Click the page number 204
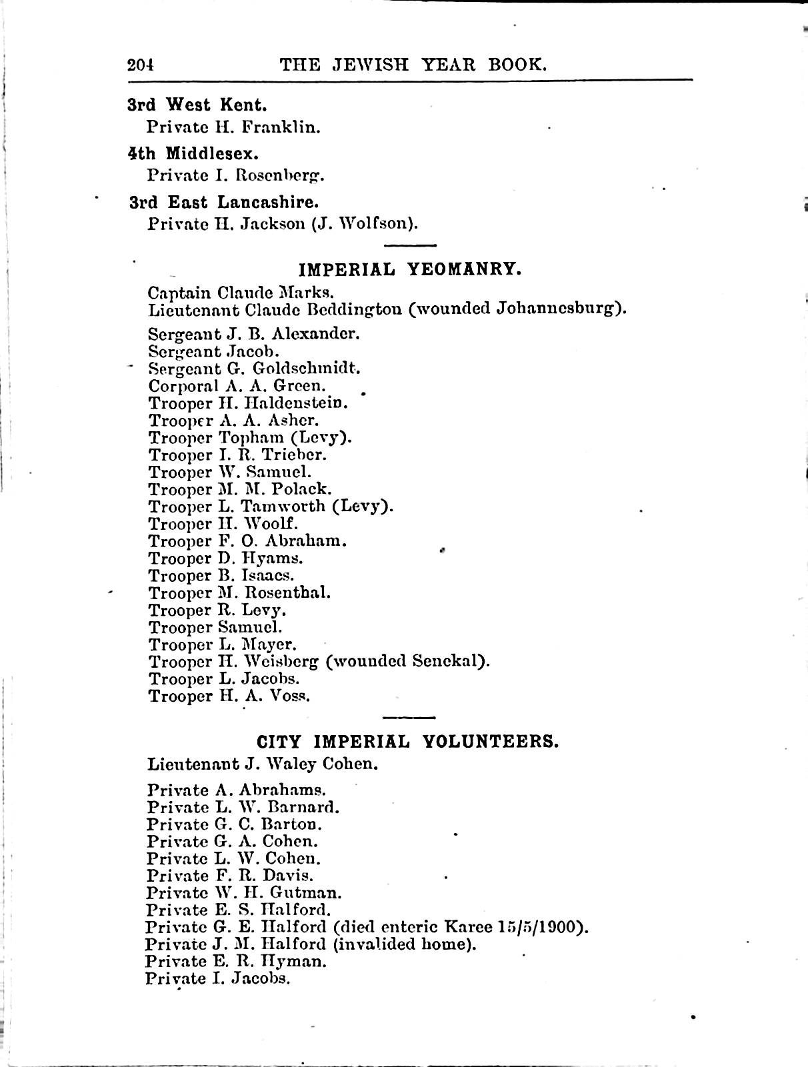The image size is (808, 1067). point(141,65)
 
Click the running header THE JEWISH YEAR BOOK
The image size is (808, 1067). point(413,65)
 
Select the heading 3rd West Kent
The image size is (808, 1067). point(197,105)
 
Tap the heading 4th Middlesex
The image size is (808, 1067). point(193,154)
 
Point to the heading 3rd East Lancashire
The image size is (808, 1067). point(224,203)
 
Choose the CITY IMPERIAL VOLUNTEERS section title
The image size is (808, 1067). point(407,742)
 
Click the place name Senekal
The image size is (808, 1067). point(447,662)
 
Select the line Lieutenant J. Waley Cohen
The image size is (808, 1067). point(263,764)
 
